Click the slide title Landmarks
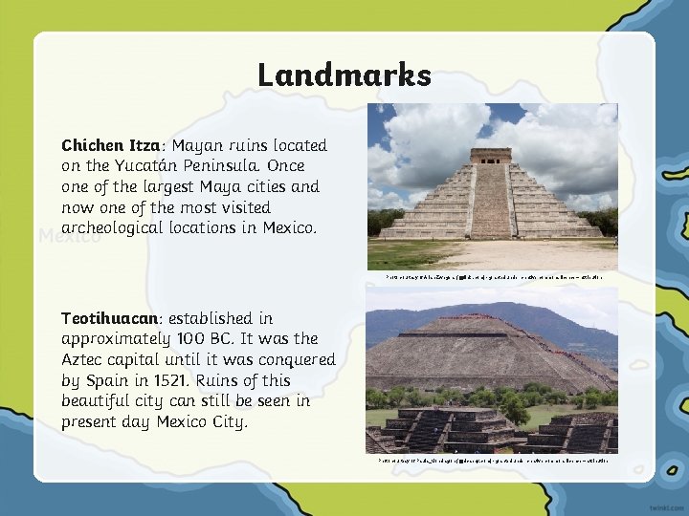344,75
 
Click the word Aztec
83,359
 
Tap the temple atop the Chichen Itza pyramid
491,155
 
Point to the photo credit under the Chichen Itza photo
493,277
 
